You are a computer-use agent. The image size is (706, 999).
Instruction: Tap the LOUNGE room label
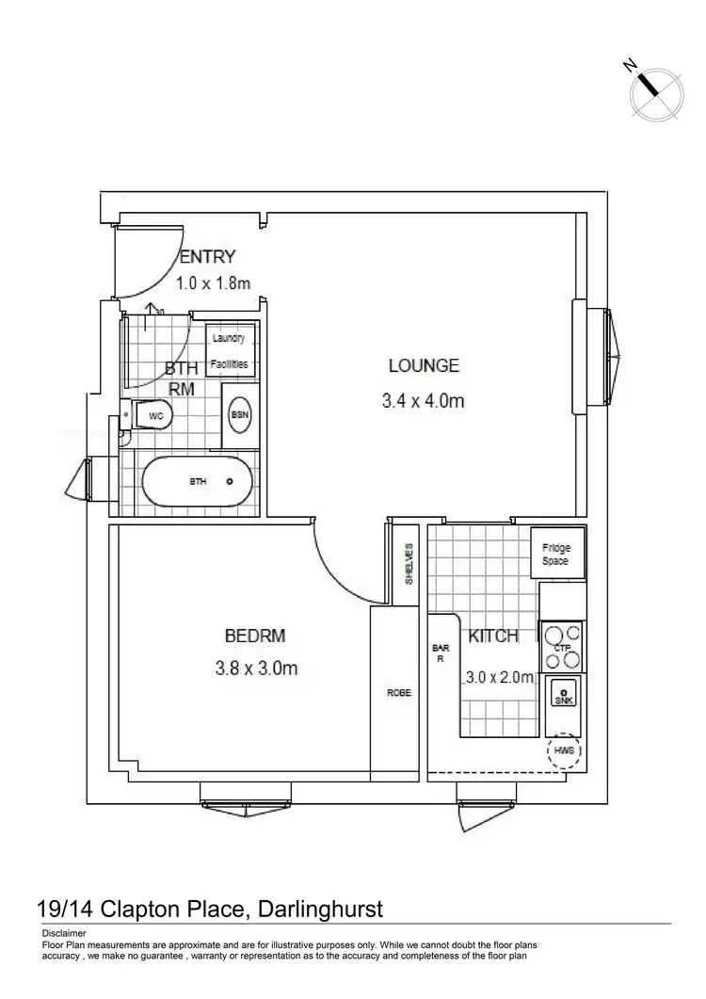point(423,366)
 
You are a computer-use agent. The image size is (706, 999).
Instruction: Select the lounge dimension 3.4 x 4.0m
point(423,401)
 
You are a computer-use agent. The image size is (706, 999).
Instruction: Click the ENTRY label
point(207,257)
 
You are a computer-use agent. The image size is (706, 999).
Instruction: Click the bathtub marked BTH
point(197,481)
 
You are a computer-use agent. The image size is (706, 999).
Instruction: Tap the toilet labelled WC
point(152,414)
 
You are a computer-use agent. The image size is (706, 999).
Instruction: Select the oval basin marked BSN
point(239,414)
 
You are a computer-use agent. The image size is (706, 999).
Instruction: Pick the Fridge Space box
point(556,553)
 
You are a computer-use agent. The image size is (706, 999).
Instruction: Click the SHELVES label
point(409,564)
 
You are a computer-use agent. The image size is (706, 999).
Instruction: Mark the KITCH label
point(493,636)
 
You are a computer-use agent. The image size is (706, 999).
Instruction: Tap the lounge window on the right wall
point(603,355)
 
